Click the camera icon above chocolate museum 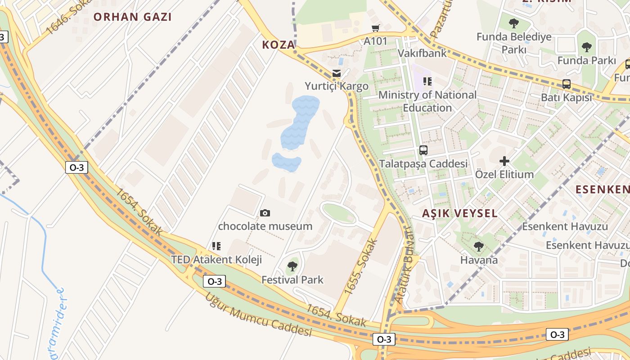(265, 213)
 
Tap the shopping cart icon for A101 (376, 28)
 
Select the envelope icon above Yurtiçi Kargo (336, 73)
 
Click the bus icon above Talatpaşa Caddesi (423, 150)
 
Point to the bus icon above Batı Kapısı (567, 84)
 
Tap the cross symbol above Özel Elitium (504, 161)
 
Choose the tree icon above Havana (479, 247)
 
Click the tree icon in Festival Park (292, 266)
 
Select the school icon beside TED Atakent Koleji (216, 246)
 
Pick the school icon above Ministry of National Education (427, 81)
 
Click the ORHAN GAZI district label (132, 17)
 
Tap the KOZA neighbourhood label (279, 45)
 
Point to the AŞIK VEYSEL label (460, 213)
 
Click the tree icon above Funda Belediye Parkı (513, 23)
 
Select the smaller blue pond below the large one (287, 162)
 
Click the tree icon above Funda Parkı (586, 47)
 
